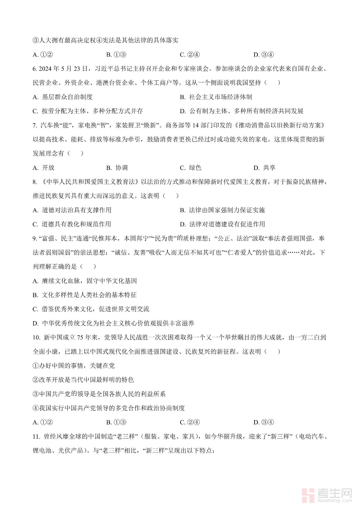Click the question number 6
click(35, 69)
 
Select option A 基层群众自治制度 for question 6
click(67, 97)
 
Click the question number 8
click(35, 182)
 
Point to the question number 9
click(35, 238)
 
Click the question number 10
click(36, 338)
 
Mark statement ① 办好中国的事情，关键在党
click(74, 366)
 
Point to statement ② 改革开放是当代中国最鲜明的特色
click(83, 380)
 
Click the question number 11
click(36, 436)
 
